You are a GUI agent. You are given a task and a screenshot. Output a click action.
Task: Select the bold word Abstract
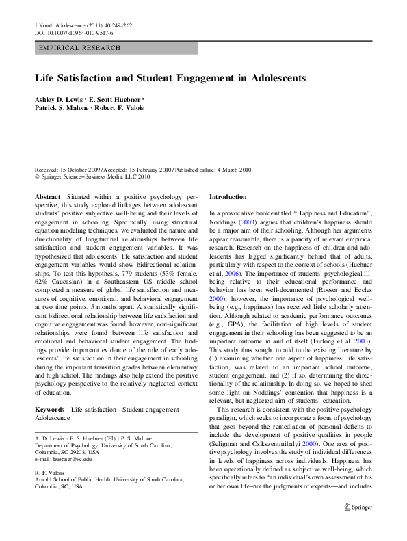click(x=47, y=196)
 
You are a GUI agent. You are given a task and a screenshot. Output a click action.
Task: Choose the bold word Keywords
click(x=49, y=408)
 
